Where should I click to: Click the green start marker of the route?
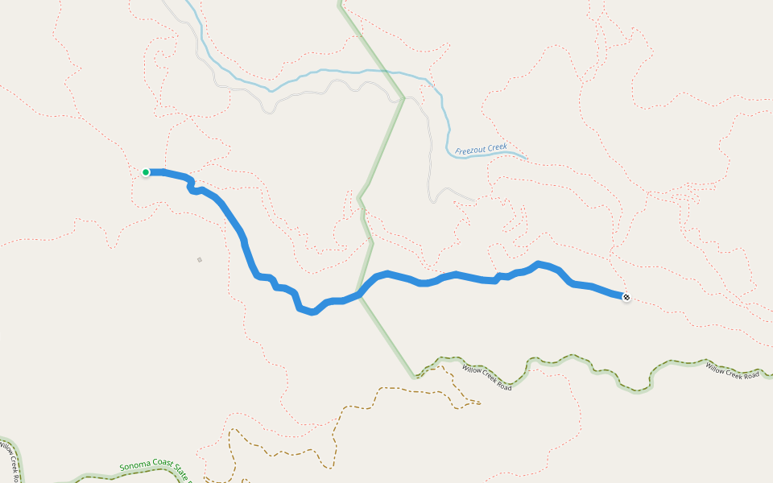146,172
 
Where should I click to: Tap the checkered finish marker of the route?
626,298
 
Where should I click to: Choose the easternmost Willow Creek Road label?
733,371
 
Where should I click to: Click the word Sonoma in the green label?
134,465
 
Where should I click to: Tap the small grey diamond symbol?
200,259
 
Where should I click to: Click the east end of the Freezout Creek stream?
527,158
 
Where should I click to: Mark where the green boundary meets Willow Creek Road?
415,376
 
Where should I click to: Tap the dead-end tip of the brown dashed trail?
480,403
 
